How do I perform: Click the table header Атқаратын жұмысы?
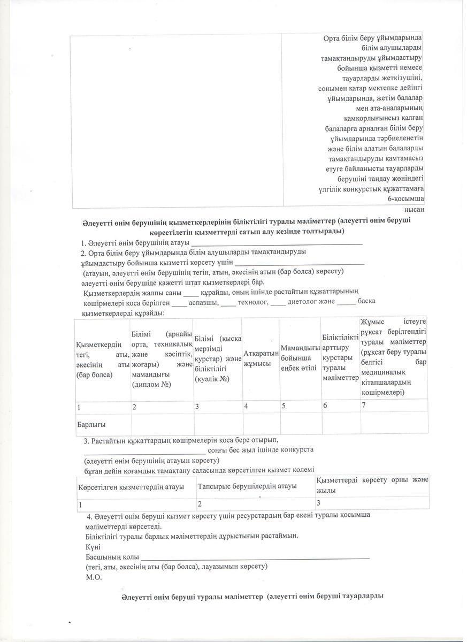[x=261, y=359]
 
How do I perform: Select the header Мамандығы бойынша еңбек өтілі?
[x=300, y=358]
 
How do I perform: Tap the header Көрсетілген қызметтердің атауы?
[x=131, y=486]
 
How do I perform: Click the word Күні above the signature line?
[x=93, y=547]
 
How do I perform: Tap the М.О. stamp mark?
[x=94, y=577]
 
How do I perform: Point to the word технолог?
[x=252, y=301]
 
